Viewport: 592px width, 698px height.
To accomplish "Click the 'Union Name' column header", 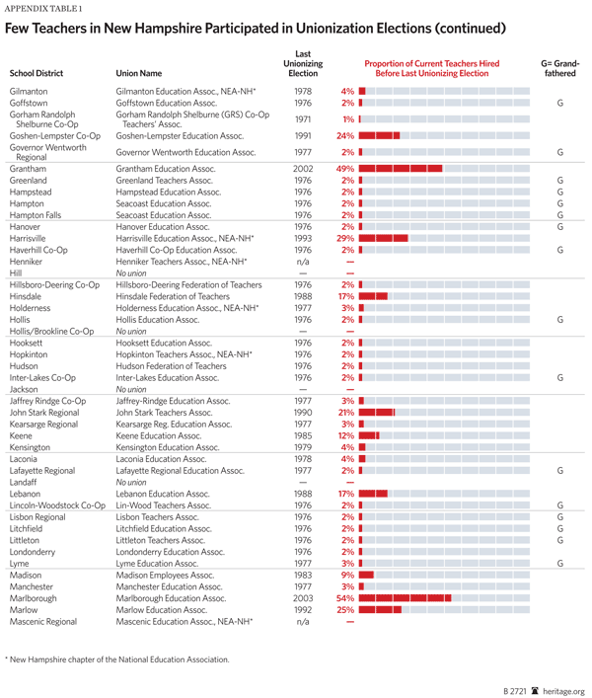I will pos(139,73).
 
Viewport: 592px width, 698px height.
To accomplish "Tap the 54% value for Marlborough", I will pos(345,598).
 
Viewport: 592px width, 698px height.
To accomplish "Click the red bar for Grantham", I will pos(401,169).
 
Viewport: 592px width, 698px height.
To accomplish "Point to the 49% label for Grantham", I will pos(345,169).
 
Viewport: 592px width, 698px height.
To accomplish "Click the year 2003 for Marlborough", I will pos(303,598).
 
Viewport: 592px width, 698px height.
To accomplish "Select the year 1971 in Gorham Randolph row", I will pos(303,118).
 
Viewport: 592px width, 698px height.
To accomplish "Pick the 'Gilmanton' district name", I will pos(29,91).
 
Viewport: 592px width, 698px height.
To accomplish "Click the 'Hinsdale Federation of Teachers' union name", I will pos(175,296).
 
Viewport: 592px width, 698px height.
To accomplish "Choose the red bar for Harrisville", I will pos(383,239).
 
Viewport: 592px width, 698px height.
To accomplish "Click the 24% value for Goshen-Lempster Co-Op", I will pos(345,136).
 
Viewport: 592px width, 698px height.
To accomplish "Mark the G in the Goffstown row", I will pos(559,103).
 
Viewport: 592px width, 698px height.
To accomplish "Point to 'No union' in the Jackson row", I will pos(132,389).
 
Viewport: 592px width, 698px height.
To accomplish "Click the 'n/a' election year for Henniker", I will pos(303,262).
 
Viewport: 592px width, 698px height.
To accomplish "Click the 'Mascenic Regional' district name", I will pos(42,622).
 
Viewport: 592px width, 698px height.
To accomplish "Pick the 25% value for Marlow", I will pos(345,610).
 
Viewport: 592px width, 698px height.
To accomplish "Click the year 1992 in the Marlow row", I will pos(303,610).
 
